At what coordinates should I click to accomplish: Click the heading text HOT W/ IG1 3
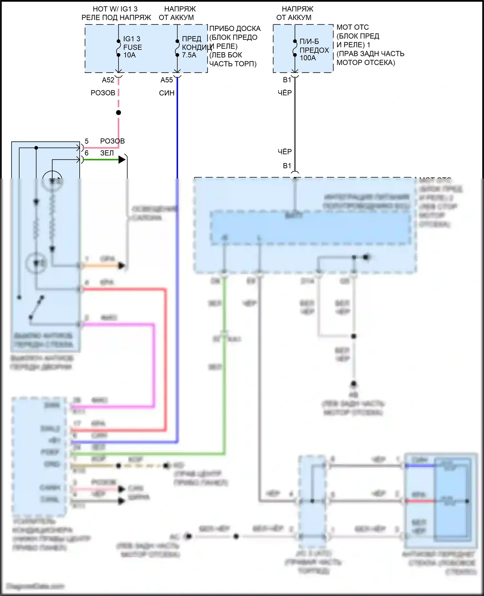pos(115,9)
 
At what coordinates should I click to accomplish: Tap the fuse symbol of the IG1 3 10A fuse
pos(119,48)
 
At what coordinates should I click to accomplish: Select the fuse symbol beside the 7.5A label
pos(177,48)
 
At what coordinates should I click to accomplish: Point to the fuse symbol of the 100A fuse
pos(295,48)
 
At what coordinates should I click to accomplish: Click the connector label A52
pos(108,80)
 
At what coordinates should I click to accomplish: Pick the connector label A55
pos(167,80)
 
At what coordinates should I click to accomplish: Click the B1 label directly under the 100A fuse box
pos(287,80)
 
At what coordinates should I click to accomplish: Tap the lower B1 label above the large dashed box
pos(287,166)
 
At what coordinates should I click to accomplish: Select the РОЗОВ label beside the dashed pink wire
pos(103,93)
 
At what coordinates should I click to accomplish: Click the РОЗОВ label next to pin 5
pos(112,141)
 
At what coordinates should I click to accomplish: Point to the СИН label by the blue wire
pos(167,93)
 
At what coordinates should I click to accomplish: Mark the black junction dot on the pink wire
pos(119,113)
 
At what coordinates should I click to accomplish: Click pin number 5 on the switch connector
pos(86,141)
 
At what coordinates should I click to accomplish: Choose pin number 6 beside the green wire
pos(86,153)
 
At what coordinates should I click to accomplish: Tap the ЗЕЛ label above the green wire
pos(107,153)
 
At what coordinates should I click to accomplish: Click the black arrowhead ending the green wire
pos(122,159)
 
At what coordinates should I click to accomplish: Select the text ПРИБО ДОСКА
pos(235,28)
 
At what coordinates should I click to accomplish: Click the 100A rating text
pos(308,58)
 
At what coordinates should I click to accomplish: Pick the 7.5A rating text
pos(189,55)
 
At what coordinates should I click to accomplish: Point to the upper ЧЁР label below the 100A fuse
pos(285,93)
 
